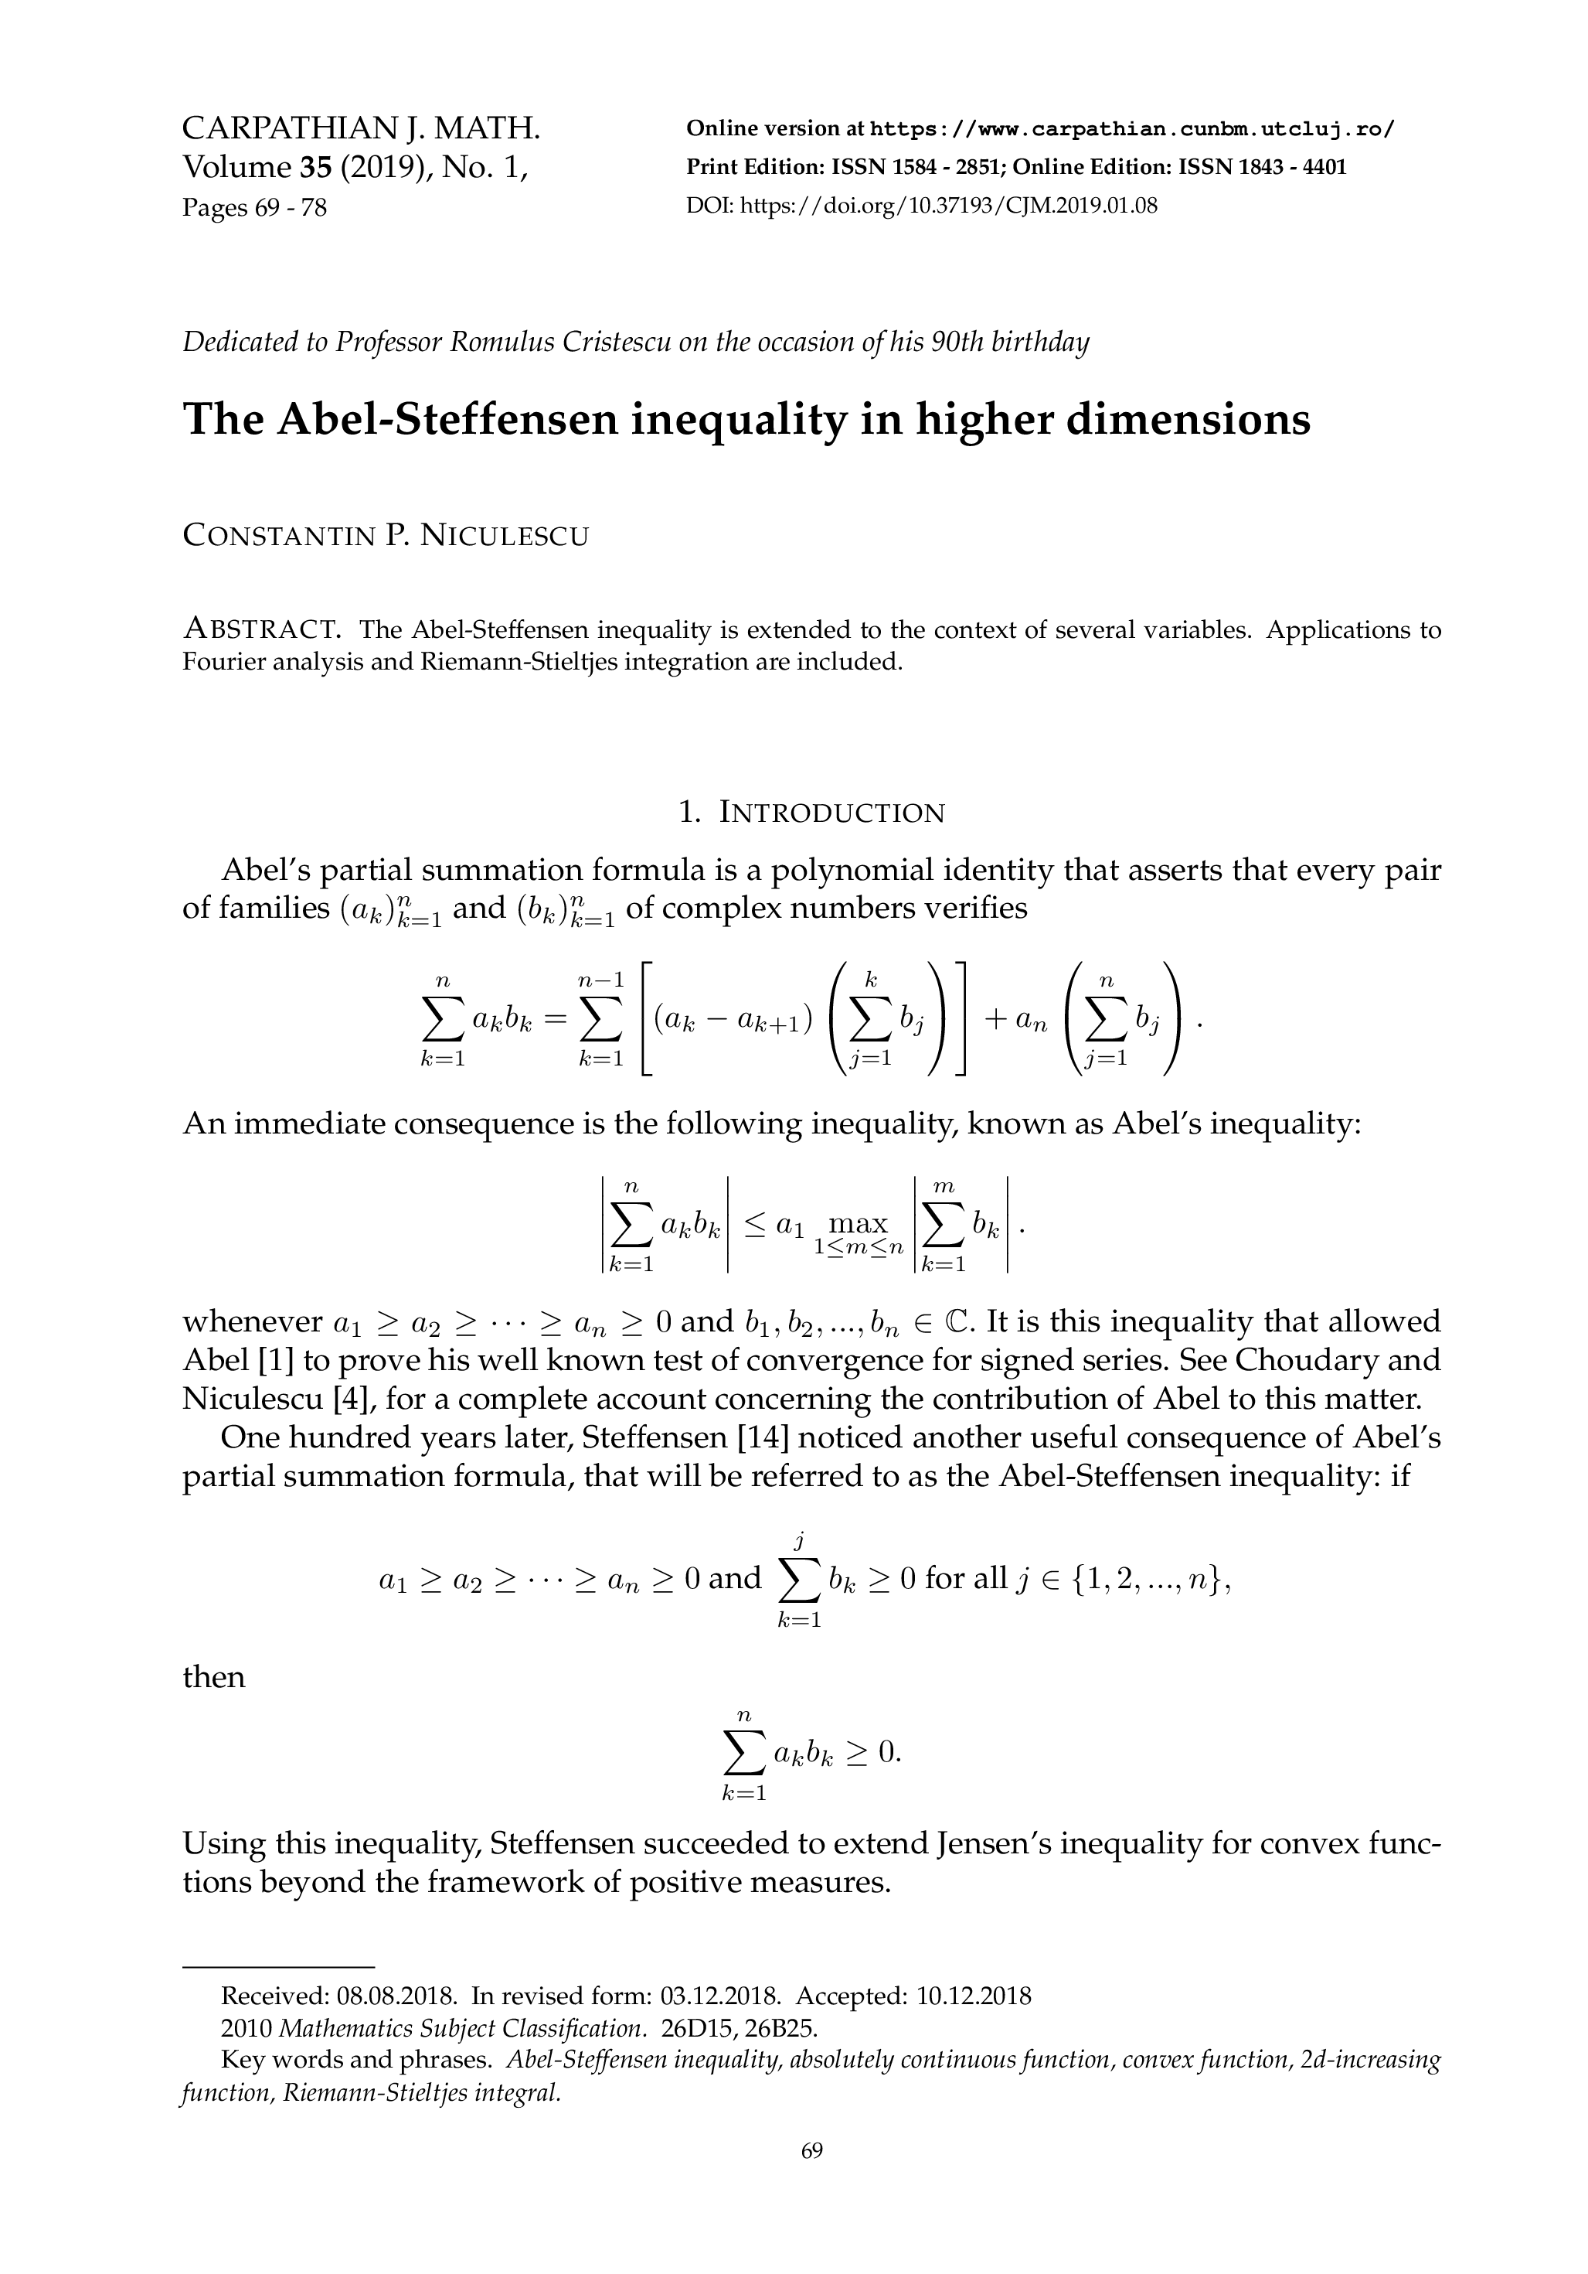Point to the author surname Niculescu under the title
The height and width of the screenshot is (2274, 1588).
click(x=504, y=537)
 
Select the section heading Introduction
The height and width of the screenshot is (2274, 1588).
click(x=831, y=813)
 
